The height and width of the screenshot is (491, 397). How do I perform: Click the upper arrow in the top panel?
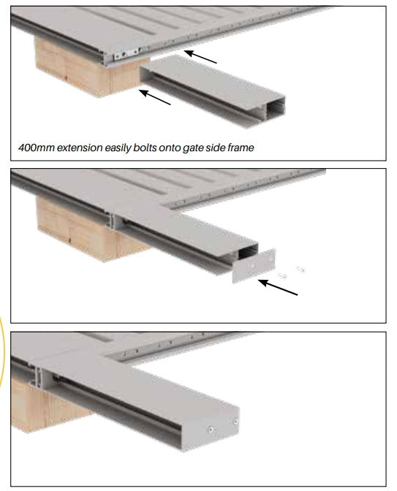pos(200,57)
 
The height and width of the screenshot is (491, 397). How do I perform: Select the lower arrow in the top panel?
pos(155,97)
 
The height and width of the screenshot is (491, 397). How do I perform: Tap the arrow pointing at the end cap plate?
pos(278,287)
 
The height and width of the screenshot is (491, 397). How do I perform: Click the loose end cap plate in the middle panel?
pos(254,266)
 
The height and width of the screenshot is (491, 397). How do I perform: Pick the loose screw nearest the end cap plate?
pos(283,276)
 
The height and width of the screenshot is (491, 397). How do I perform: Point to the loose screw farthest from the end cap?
pos(300,270)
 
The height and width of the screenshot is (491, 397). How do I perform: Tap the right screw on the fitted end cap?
pos(235,422)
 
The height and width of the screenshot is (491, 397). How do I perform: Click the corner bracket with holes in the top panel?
pos(126,54)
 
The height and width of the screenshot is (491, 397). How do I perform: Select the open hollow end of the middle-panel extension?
pos(248,251)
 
